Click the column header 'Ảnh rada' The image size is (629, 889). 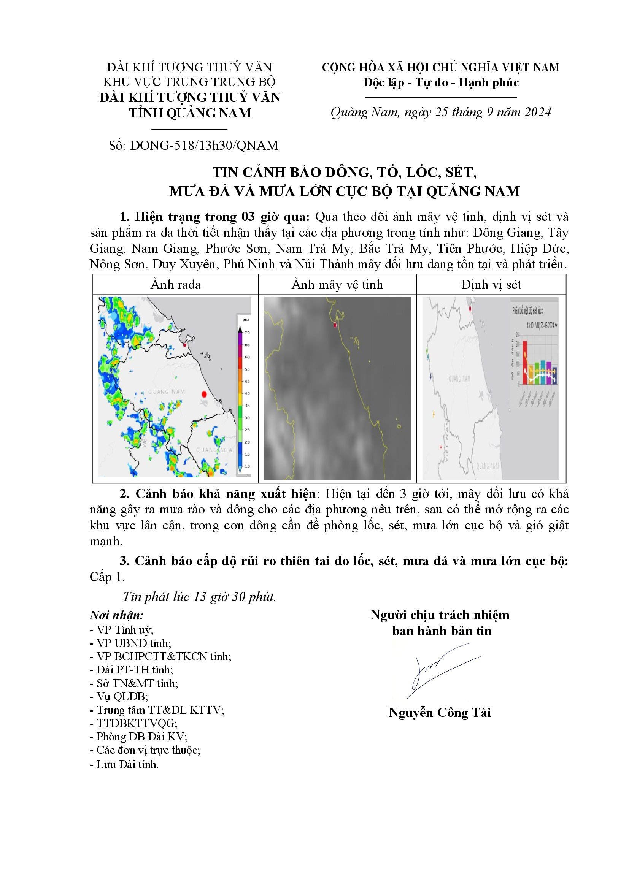click(x=175, y=285)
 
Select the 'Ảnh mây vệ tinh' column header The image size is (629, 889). click(x=337, y=285)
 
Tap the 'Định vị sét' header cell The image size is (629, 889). click(x=491, y=285)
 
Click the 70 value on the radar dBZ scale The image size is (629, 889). click(x=247, y=333)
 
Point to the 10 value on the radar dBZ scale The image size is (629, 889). click(x=247, y=466)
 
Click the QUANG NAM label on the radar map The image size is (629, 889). click(x=167, y=392)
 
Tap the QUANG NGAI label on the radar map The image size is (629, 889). click(x=215, y=450)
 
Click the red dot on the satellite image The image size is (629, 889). click(x=335, y=326)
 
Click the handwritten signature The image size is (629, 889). click(x=442, y=670)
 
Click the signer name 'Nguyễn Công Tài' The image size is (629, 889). click(x=440, y=713)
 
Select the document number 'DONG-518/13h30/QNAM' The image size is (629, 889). click(x=204, y=146)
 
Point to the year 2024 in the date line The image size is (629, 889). click(x=537, y=112)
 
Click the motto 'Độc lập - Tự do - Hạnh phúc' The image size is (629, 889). click(x=441, y=83)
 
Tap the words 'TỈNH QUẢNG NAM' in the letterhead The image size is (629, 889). click(x=190, y=113)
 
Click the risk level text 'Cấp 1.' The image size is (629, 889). click(x=107, y=577)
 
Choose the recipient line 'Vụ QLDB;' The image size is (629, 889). click(x=119, y=697)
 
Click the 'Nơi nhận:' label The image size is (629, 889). click(x=116, y=615)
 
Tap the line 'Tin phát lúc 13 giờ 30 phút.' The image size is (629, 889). click(x=199, y=597)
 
